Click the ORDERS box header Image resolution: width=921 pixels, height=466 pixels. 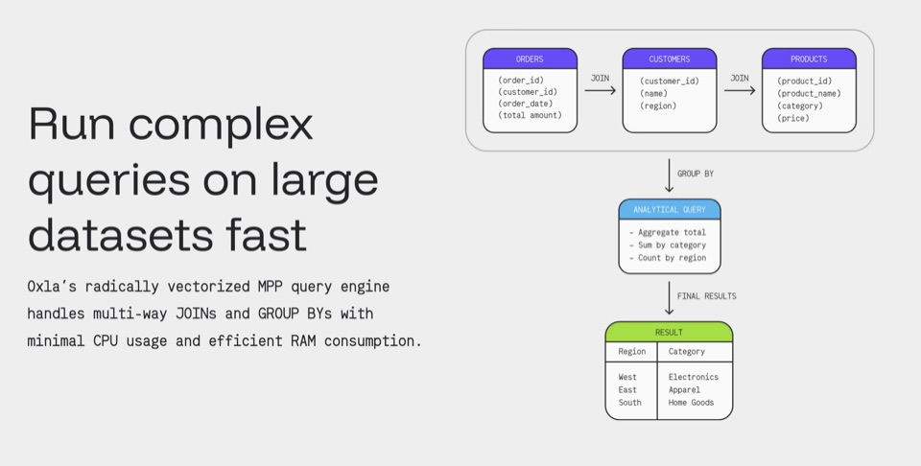tap(530, 58)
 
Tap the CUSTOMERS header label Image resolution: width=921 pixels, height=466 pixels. tap(669, 59)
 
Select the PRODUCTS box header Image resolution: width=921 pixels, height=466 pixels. tap(809, 58)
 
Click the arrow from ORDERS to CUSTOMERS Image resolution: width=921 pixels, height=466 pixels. tap(600, 90)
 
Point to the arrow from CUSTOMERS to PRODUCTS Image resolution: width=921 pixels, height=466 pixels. tap(740, 90)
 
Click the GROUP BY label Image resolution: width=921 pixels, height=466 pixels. tap(696, 174)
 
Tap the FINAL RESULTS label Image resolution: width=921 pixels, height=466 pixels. tap(707, 295)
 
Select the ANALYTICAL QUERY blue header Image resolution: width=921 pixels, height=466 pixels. tap(670, 210)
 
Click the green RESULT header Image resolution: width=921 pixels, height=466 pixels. tap(669, 332)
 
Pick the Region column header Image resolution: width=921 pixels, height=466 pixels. tap(632, 352)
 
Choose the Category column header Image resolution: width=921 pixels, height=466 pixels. tap(686, 352)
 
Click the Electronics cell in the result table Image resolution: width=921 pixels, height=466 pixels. tap(693, 377)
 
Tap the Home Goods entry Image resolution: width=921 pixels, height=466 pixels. tap(691, 403)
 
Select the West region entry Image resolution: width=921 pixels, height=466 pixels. tap(627, 377)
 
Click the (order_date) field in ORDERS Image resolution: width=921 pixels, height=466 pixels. tap(526, 104)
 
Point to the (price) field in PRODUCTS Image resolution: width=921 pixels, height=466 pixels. tap(793, 119)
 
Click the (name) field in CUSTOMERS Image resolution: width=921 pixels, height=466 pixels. tap(653, 93)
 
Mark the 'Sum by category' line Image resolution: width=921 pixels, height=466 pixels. tap(668, 245)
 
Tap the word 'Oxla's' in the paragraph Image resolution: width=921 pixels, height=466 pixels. tap(52, 287)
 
